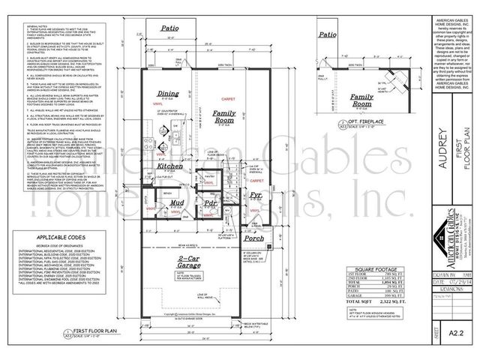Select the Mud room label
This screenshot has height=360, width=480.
click(x=176, y=203)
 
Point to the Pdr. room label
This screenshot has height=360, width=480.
click(x=211, y=202)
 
